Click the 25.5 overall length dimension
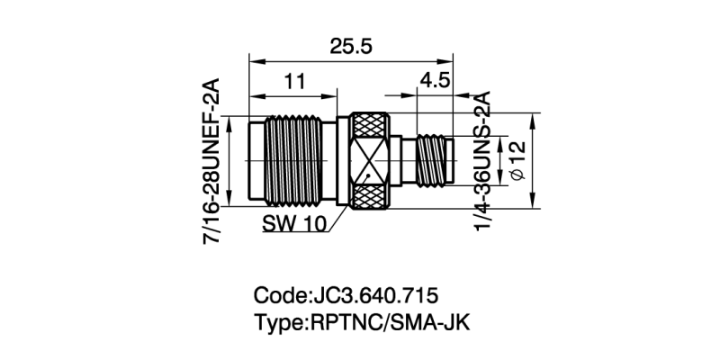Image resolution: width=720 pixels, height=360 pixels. coord(351,48)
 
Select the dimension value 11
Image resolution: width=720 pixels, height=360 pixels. coord(295,82)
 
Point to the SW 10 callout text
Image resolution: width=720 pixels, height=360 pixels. coord(294,223)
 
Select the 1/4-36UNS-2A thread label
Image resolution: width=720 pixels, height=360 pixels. coord(483,160)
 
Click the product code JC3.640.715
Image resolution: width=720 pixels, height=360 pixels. coord(373,295)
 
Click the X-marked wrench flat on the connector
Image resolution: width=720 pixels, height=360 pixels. coord(369,161)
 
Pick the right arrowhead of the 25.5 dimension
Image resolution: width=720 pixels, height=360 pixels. coord(449,62)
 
